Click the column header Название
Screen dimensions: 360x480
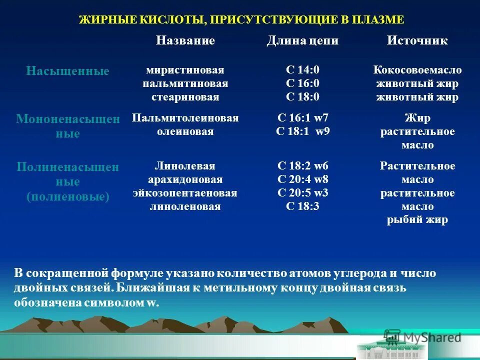click(x=185, y=41)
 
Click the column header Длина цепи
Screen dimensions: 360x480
click(x=302, y=41)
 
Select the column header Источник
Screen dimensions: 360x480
click(x=417, y=41)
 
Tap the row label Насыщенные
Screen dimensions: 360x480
click(x=67, y=71)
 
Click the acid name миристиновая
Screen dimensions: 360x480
click(x=185, y=70)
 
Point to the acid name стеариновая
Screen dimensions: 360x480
click(x=185, y=97)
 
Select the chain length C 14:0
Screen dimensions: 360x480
click(x=302, y=70)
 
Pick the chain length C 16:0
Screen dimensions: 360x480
click(x=302, y=83)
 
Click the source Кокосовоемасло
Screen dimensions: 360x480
click(x=417, y=70)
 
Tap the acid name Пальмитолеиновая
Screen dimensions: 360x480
click(x=185, y=118)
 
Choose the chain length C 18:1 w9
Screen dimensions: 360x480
click(x=302, y=132)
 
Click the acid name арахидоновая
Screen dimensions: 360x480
click(x=185, y=179)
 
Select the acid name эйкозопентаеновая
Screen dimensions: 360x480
click(x=185, y=193)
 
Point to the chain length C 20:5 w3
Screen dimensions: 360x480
click(x=302, y=193)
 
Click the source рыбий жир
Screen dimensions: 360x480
click(x=417, y=220)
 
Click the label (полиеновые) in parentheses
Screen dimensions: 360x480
click(x=67, y=196)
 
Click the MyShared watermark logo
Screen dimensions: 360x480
click(x=423, y=337)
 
